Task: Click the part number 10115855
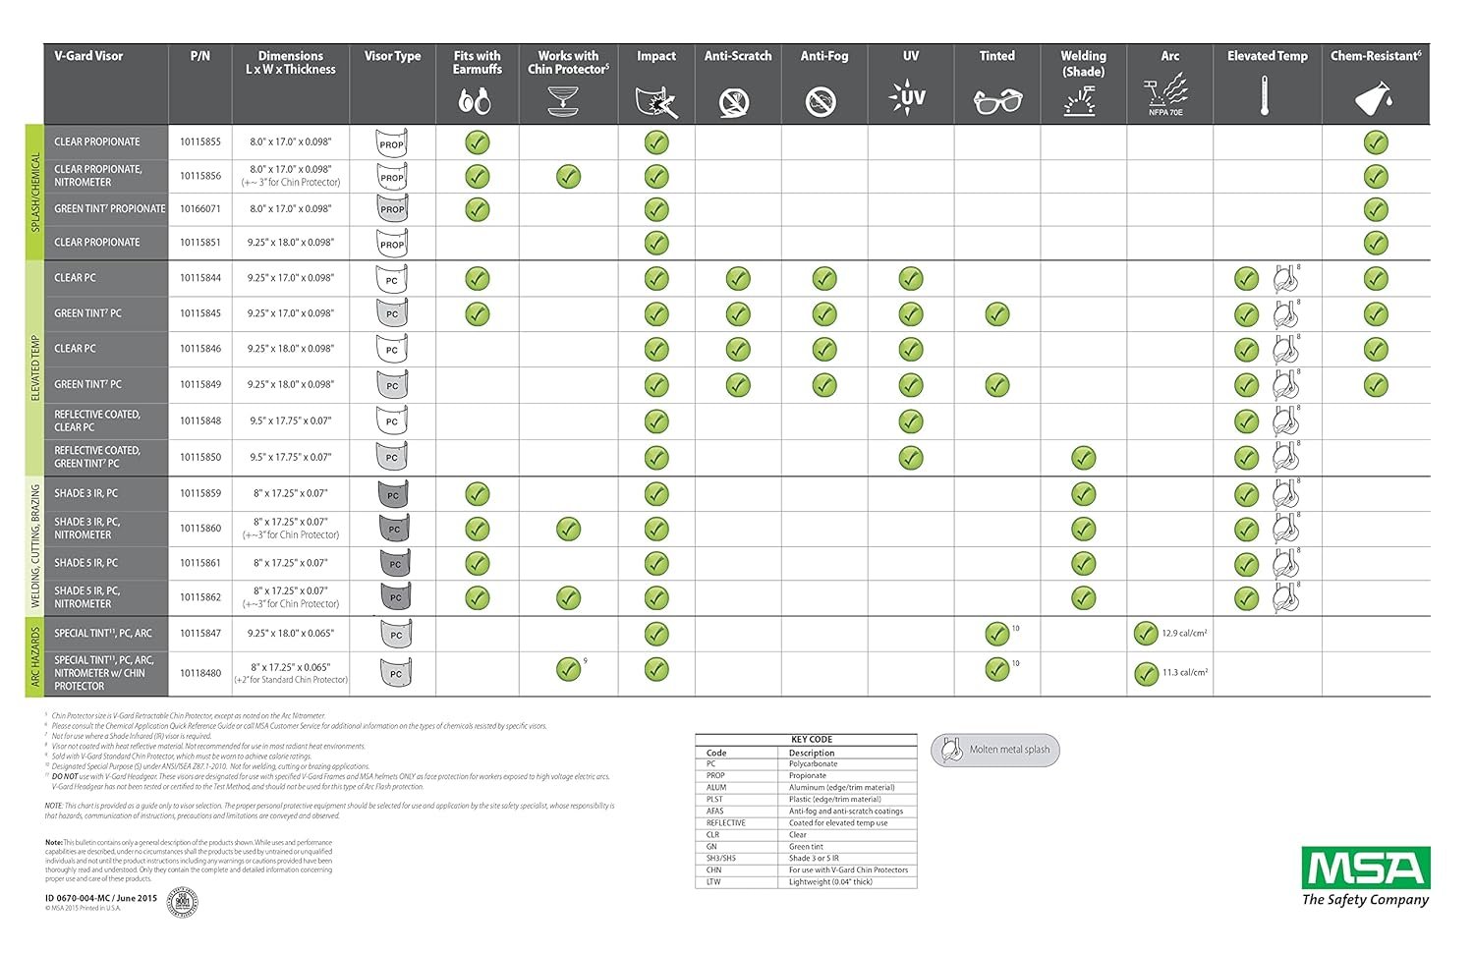pyautogui.click(x=199, y=142)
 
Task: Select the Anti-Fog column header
pyautogui.click(x=823, y=56)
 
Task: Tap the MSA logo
pyautogui.click(x=1365, y=868)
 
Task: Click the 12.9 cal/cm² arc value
pyautogui.click(x=1184, y=634)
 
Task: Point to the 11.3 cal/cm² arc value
pyautogui.click(x=1184, y=673)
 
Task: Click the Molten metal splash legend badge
pyautogui.click(x=995, y=750)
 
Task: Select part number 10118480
pyautogui.click(x=199, y=673)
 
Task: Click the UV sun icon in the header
pyautogui.click(x=909, y=98)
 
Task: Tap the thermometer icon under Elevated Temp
pyautogui.click(x=1265, y=98)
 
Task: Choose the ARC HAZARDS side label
pyautogui.click(x=35, y=656)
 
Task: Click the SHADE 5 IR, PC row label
pyautogui.click(x=85, y=563)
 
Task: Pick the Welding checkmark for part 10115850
pyautogui.click(x=1083, y=458)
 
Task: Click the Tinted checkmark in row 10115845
pyautogui.click(x=996, y=314)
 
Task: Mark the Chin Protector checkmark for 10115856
pyautogui.click(x=568, y=177)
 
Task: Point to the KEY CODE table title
pyautogui.click(x=812, y=740)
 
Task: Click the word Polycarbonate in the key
pyautogui.click(x=813, y=763)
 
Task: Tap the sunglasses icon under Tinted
pyautogui.click(x=996, y=100)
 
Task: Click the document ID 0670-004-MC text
pyautogui.click(x=100, y=898)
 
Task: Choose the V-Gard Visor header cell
pyautogui.click(x=88, y=56)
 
